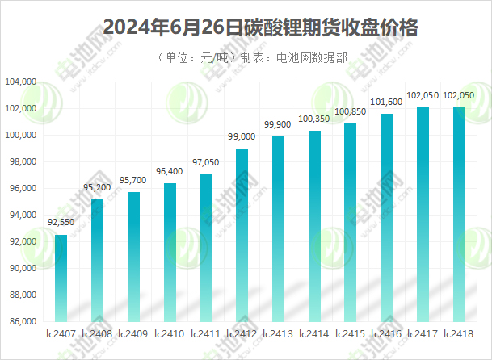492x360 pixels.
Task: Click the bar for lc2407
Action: click(x=61, y=278)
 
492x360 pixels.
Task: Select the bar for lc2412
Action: click(x=242, y=235)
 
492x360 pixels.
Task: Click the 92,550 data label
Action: click(x=61, y=222)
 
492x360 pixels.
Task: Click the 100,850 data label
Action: click(x=350, y=111)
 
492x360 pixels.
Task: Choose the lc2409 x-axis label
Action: click(x=133, y=333)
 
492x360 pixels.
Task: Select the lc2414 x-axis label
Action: click(x=314, y=333)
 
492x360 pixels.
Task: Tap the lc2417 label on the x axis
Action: click(x=423, y=333)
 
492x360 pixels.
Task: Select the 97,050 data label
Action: click(x=205, y=162)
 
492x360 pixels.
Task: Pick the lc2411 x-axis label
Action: click(x=205, y=333)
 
